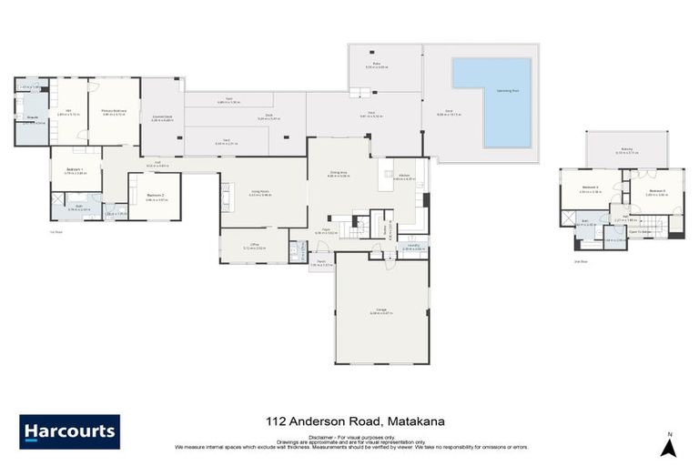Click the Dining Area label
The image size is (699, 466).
click(x=339, y=174)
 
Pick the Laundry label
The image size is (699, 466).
click(x=413, y=246)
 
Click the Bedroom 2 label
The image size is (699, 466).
click(x=155, y=196)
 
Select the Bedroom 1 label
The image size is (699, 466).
click(x=76, y=171)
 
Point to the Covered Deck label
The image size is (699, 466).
click(x=162, y=118)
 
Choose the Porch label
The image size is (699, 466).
click(x=322, y=264)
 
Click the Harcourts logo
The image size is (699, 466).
click(x=69, y=431)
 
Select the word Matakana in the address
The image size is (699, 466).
click(x=416, y=420)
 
